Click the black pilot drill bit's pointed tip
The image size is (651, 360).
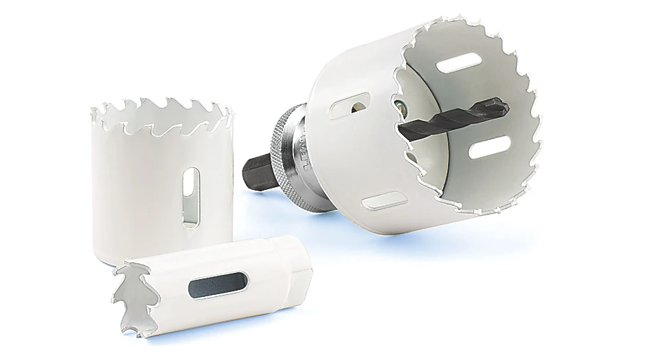click(506, 104)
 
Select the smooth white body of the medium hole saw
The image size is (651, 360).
click(137, 185)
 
